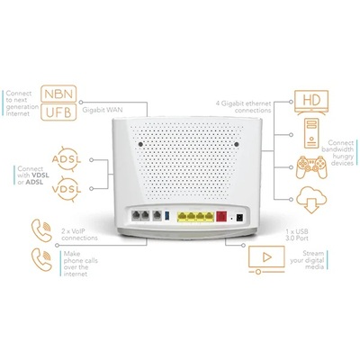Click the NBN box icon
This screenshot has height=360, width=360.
click(67, 94)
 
